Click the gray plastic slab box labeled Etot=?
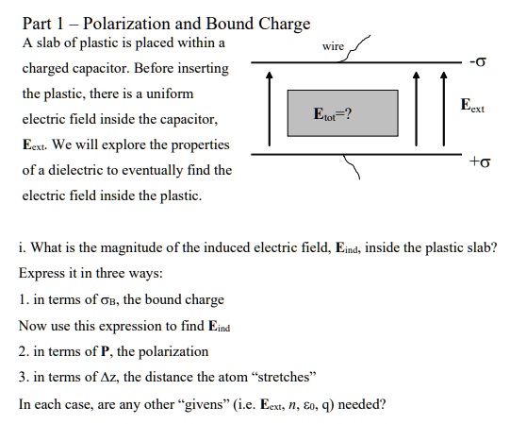coord(336,113)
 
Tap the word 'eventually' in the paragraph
coord(150,171)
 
